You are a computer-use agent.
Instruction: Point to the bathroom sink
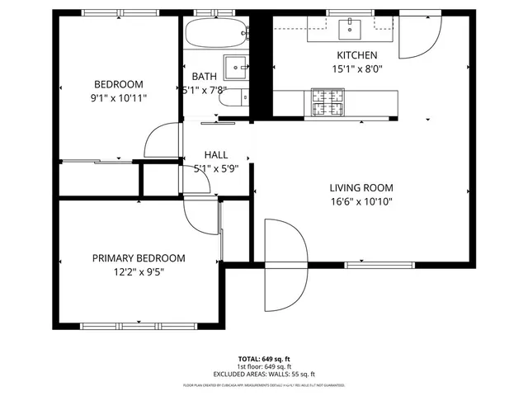coord(238,65)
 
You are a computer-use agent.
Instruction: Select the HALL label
coord(216,155)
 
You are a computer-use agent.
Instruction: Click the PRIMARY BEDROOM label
coord(139,258)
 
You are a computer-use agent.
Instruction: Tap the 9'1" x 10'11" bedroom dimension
coord(119,98)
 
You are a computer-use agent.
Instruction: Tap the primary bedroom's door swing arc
coord(200,215)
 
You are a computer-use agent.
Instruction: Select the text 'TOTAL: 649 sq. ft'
coord(264,359)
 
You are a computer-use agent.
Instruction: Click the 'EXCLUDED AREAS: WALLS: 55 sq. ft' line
coord(264,374)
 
